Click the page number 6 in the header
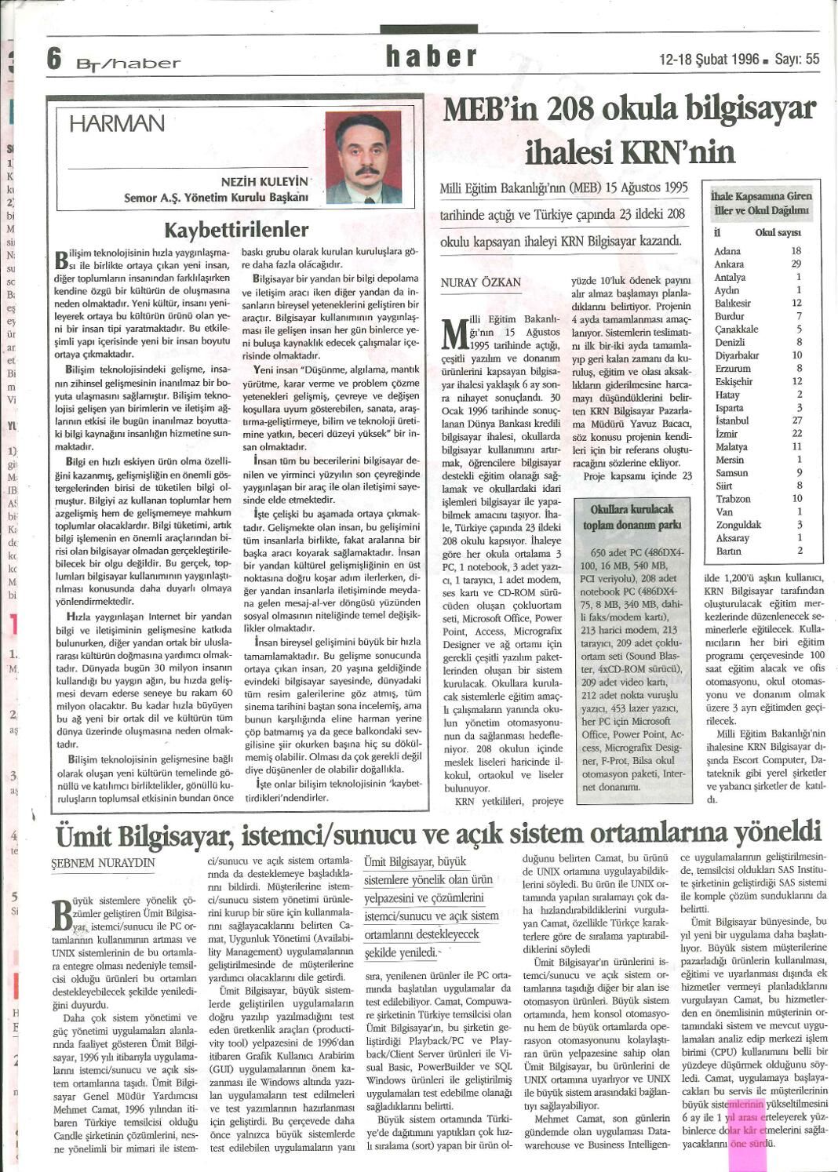point(54,59)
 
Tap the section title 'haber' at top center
point(431,56)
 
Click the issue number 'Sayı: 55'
point(796,59)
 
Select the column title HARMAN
point(117,124)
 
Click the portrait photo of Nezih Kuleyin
point(363,157)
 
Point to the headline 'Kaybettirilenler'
point(236,230)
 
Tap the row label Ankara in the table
point(729,264)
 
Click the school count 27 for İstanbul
point(796,420)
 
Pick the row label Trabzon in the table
point(733,499)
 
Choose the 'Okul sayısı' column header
point(778,233)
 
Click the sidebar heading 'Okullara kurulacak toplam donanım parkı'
point(632,517)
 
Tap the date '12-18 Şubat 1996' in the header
point(709,59)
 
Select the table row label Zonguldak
point(738,525)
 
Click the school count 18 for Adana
point(796,251)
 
